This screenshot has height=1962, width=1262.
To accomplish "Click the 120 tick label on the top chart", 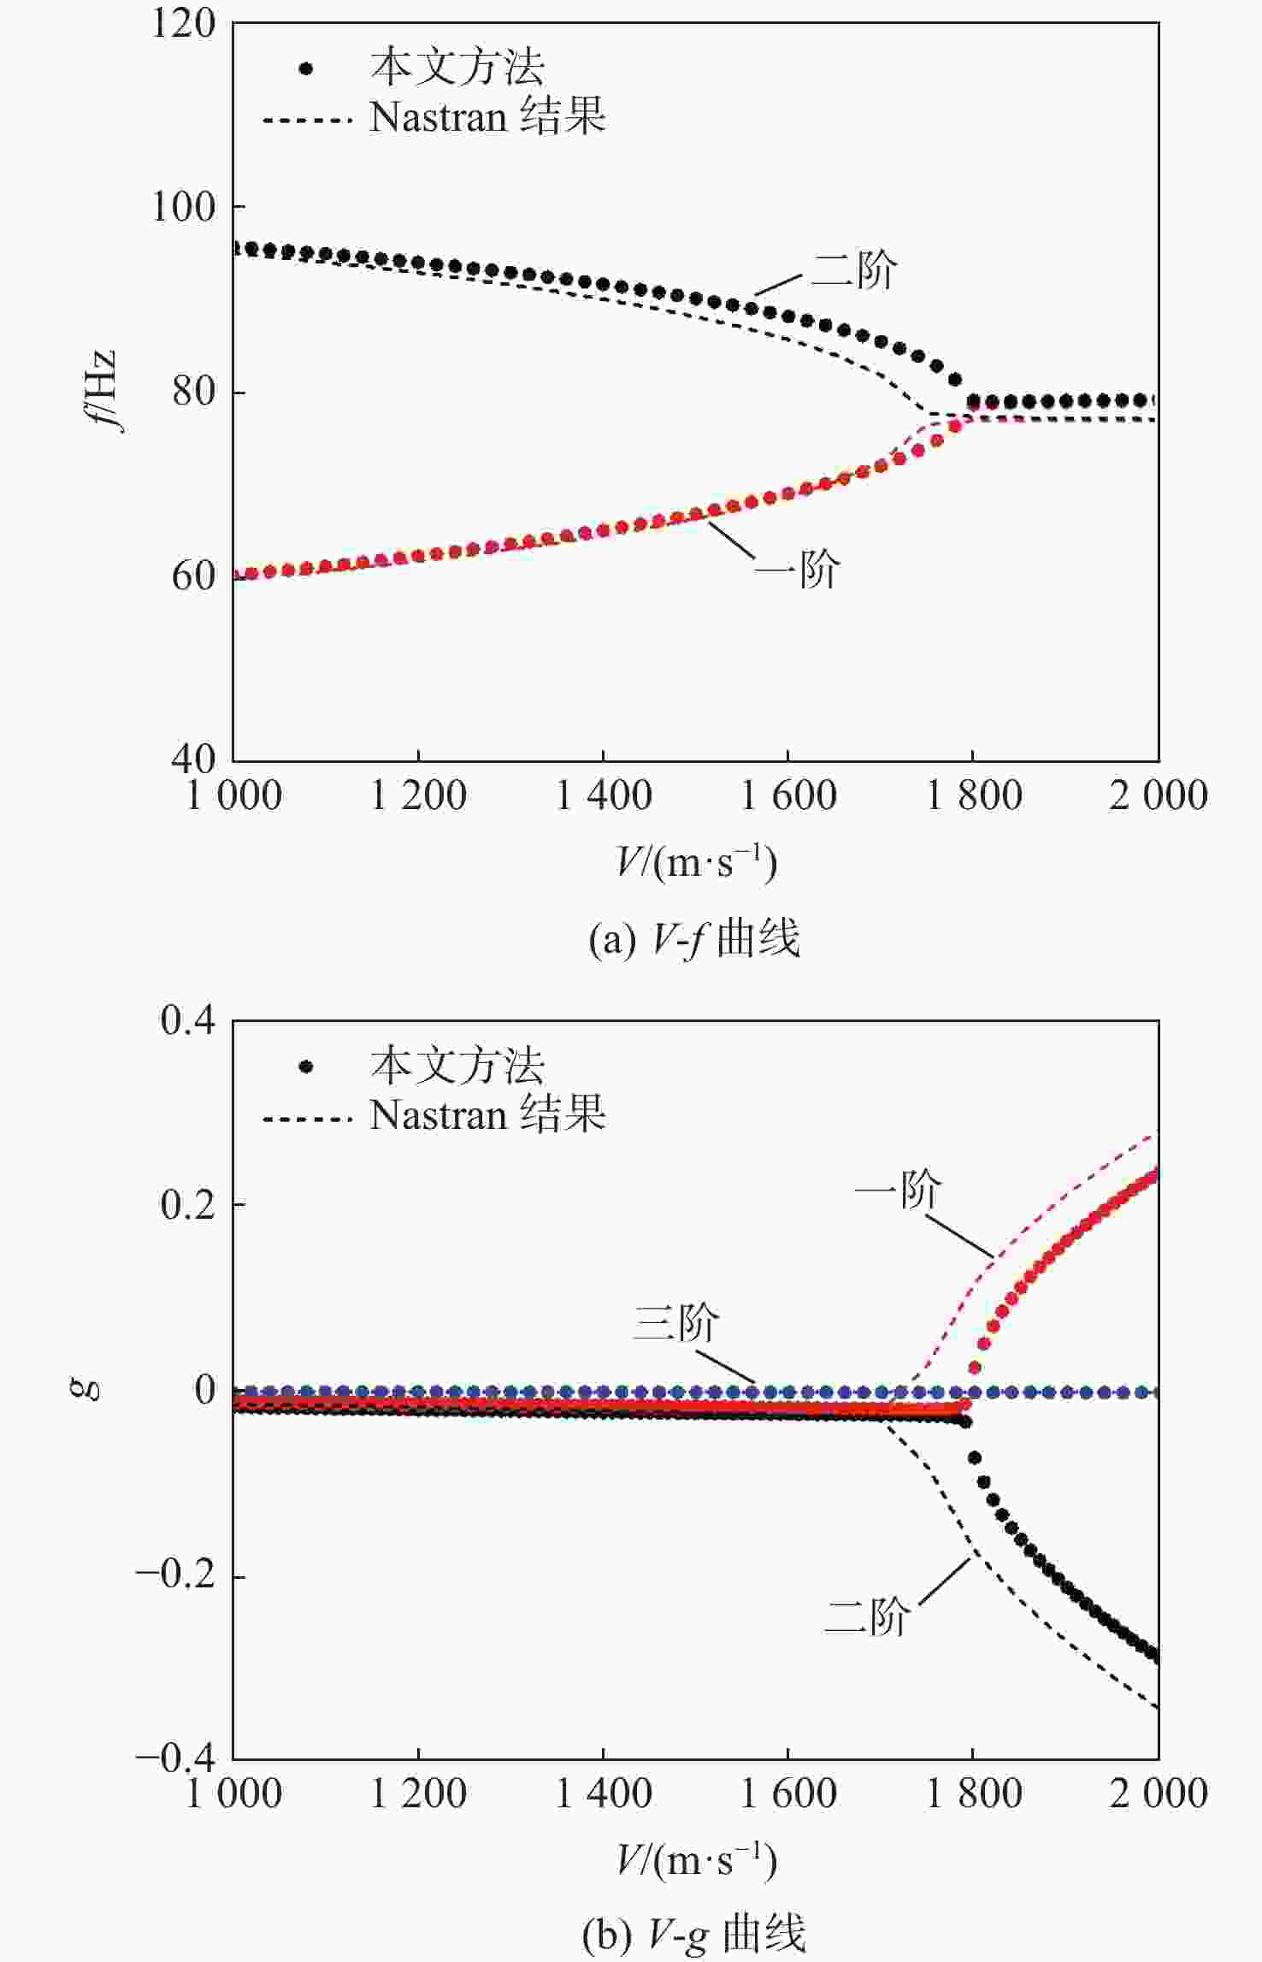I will [x=183, y=24].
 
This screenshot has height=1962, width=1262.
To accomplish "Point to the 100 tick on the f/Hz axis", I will [x=183, y=207].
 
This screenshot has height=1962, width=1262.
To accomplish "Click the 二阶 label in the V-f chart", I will [x=853, y=271].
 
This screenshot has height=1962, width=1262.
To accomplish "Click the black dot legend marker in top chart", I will [x=306, y=69].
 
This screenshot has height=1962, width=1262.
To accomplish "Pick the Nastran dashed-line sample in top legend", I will [x=306, y=120].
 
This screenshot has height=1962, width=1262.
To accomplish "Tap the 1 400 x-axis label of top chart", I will [x=603, y=796].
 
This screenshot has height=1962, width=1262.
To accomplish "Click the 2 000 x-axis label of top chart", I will [x=1158, y=796].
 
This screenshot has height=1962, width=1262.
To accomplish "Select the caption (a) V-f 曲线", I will [x=694, y=939].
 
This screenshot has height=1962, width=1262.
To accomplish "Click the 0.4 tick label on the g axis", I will [x=188, y=1020].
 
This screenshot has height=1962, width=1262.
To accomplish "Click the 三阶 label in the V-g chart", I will [x=675, y=1322].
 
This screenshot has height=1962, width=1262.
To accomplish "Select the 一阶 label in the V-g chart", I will [x=898, y=1189].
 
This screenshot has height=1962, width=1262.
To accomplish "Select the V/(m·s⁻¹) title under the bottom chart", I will [x=696, y=1861].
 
